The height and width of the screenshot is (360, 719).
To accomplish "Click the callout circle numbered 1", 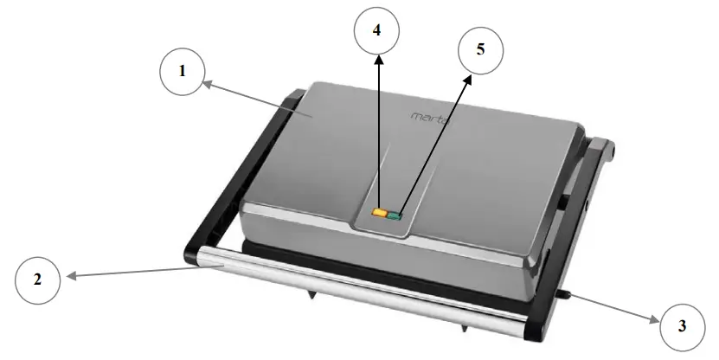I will click(x=183, y=71).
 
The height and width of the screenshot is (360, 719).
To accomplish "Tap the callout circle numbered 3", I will click(x=683, y=325).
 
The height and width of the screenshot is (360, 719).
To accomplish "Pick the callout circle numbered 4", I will click(x=376, y=29).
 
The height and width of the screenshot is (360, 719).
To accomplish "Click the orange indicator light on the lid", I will click(x=380, y=212).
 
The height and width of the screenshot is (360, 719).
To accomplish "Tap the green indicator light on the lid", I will click(x=395, y=215).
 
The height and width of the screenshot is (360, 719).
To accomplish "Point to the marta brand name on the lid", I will click(x=427, y=116).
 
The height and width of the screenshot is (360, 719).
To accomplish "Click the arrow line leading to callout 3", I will click(x=614, y=309).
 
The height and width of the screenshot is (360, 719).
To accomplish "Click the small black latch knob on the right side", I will click(x=565, y=297).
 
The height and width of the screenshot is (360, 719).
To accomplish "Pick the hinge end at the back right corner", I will click(x=607, y=148).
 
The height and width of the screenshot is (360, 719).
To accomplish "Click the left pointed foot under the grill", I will click(x=310, y=296).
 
